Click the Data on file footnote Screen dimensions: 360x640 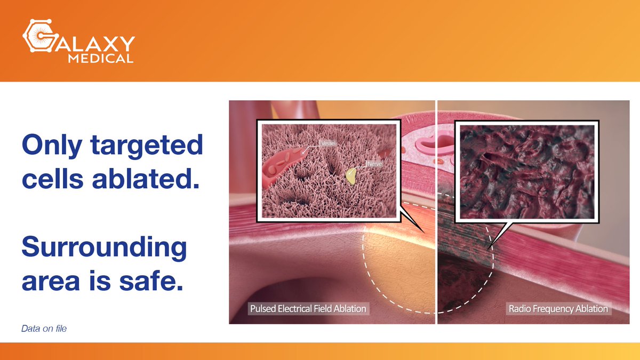[44, 329]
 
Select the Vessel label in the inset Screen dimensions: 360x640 [326, 143]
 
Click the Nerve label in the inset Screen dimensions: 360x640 [373, 164]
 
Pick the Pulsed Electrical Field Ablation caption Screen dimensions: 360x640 [308, 309]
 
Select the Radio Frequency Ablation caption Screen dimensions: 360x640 [558, 309]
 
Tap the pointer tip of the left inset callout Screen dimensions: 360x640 [425, 233]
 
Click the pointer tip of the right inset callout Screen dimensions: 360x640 [489, 246]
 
